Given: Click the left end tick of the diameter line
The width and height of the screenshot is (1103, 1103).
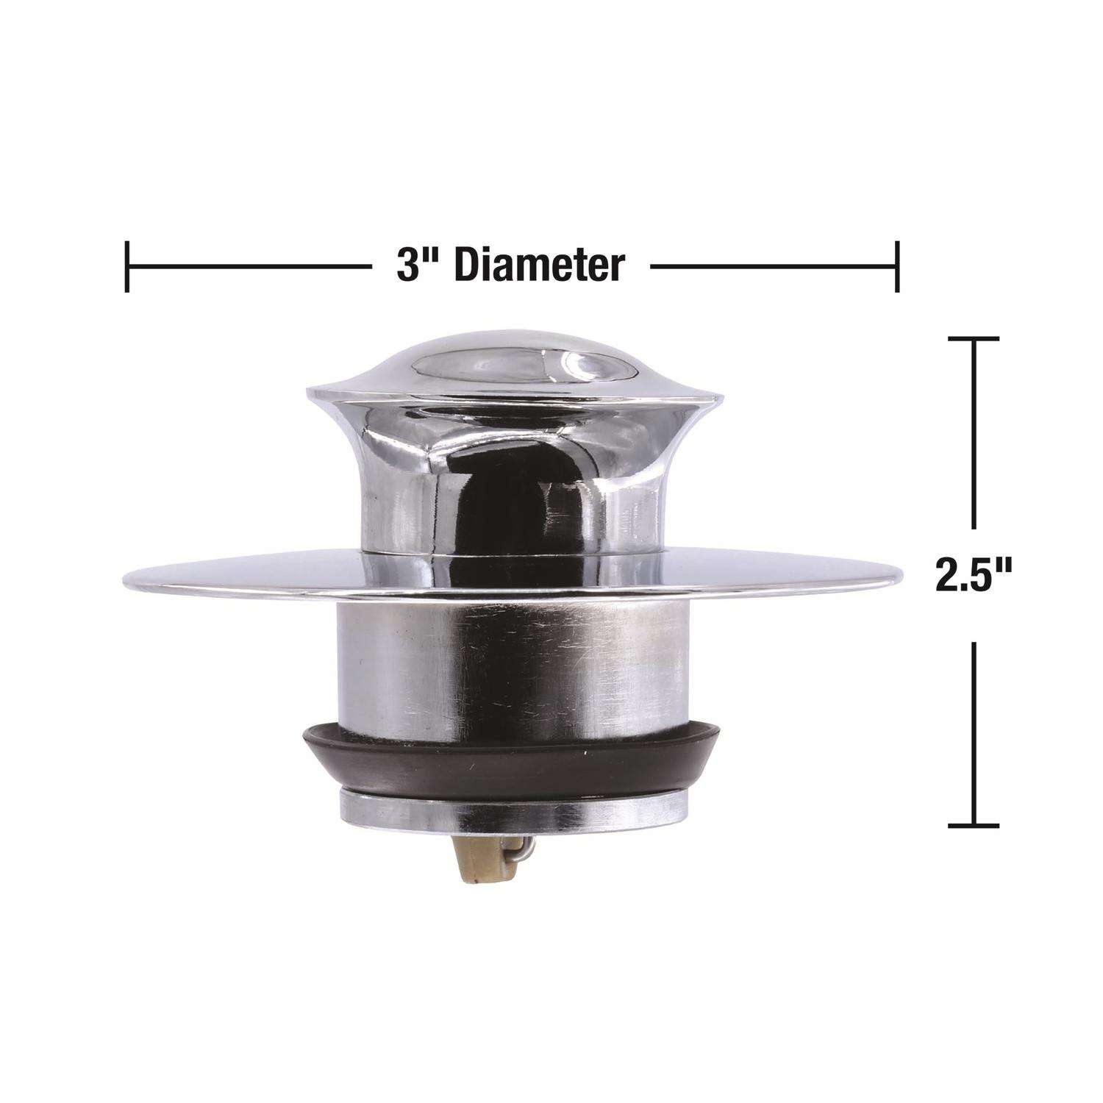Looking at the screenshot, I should pos(127,265).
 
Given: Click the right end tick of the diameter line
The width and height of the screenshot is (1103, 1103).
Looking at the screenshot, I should pos(896,265).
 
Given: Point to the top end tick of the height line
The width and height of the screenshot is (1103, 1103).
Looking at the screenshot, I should pos(974,339).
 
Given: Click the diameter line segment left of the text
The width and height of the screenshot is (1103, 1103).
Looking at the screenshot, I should pos(250,265).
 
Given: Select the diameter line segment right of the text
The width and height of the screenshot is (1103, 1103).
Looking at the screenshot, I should pos(772,265).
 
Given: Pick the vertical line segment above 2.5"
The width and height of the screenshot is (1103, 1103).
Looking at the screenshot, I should pos(974,434).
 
